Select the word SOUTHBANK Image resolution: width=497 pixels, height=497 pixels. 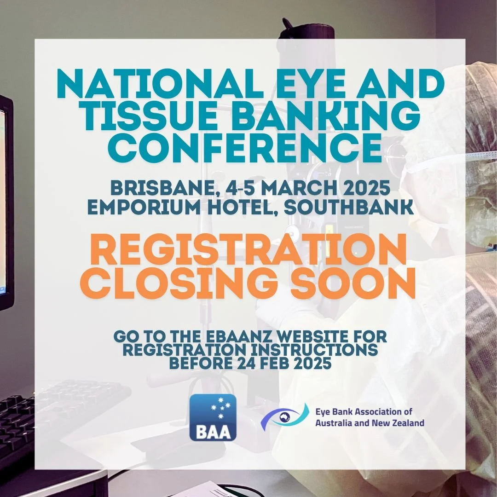(x=348, y=207)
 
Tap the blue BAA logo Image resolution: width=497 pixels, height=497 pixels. (x=213, y=417)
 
